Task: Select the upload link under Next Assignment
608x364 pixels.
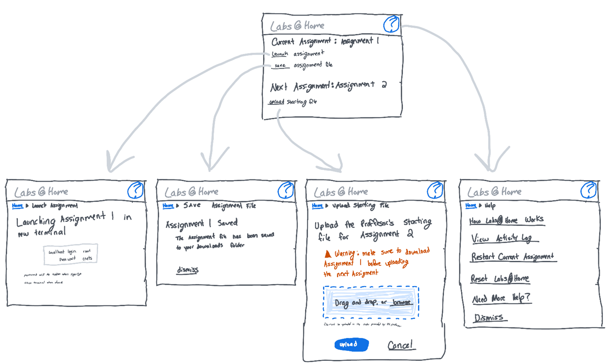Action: [x=276, y=102]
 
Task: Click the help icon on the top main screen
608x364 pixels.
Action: [x=391, y=24]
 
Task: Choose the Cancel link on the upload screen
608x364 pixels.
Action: [x=401, y=345]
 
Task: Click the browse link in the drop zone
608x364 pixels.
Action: [x=401, y=302]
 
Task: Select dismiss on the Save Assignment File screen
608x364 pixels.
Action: [x=187, y=270]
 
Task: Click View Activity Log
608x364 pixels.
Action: [x=502, y=238]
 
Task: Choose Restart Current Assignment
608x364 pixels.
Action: [x=513, y=257]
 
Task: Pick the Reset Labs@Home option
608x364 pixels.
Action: [x=500, y=278]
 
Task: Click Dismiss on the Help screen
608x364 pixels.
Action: [x=489, y=318]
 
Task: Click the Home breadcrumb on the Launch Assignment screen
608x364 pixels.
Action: [x=18, y=206]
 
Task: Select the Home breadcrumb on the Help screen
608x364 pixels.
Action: [x=471, y=205]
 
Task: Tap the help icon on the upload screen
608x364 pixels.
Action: [x=435, y=191]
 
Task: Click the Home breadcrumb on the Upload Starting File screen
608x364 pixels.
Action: [x=317, y=206]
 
